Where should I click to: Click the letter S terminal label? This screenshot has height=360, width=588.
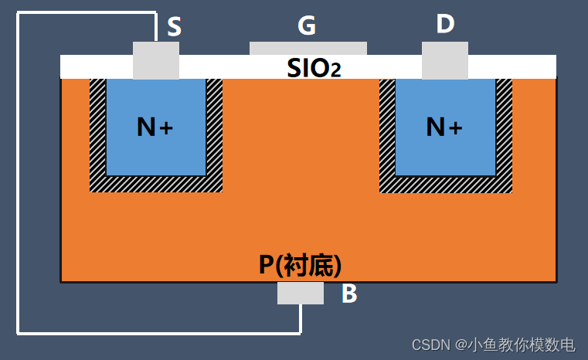tap(174, 28)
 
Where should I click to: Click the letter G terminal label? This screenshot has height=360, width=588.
tap(307, 26)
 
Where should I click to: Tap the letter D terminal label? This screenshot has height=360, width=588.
tap(445, 24)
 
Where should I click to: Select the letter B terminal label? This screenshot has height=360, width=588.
tap(349, 294)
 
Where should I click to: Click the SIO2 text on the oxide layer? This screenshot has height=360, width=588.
tap(314, 68)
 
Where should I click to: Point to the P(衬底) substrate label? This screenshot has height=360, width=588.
tap(300, 266)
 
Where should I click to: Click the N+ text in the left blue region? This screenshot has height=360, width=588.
tap(155, 127)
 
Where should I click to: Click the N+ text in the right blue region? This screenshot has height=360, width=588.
tap(444, 127)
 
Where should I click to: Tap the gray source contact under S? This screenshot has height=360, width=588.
tap(156, 60)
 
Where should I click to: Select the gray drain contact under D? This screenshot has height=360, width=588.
tap(445, 60)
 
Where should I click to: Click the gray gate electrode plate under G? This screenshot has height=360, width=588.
tap(308, 49)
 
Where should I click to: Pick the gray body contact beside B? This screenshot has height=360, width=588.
tap(301, 293)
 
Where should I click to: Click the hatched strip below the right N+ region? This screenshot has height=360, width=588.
tap(446, 184)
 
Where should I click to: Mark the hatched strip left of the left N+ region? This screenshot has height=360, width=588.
tap(97, 131)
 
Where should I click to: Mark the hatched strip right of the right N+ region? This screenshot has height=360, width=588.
tap(504, 131)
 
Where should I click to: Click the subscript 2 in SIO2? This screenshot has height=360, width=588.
tap(335, 72)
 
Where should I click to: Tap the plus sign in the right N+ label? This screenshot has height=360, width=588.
tap(456, 128)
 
